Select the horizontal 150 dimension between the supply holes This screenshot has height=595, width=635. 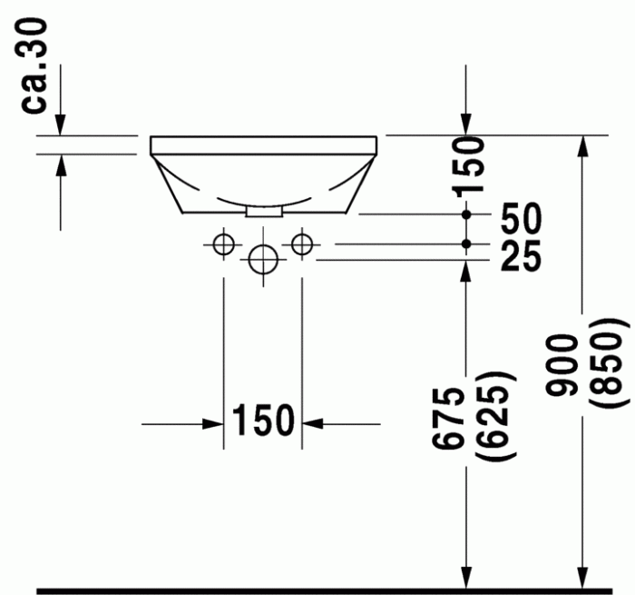(x=263, y=421)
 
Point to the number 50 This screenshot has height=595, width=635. (x=520, y=217)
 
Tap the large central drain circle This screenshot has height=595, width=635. (x=262, y=260)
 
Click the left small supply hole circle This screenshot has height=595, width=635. (x=223, y=243)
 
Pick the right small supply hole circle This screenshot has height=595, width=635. (x=301, y=243)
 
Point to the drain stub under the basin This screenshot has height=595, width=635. (x=264, y=211)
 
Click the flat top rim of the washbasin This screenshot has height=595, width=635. (x=263, y=144)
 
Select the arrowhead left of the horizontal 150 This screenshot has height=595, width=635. (x=216, y=423)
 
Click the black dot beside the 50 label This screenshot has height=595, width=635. (x=466, y=214)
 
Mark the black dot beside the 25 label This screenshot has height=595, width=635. (x=466, y=243)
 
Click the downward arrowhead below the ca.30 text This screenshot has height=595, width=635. (x=60, y=128)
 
